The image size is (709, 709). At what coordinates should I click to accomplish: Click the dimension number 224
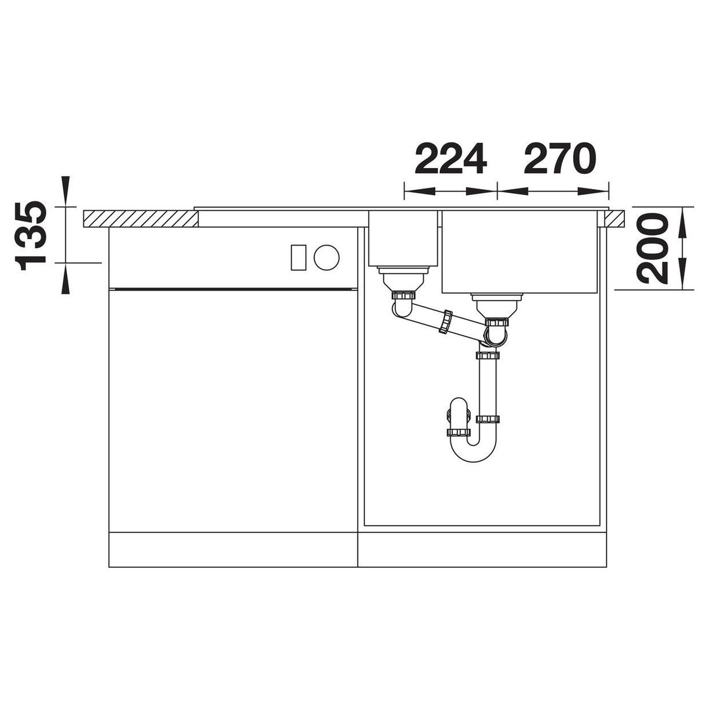450,159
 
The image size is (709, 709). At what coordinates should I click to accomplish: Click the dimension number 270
560,159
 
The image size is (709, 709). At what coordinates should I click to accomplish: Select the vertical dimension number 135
32,236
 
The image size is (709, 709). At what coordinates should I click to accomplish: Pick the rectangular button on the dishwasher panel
299,258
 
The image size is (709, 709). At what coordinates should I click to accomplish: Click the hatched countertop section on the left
140,219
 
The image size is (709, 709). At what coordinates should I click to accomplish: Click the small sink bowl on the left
403,238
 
